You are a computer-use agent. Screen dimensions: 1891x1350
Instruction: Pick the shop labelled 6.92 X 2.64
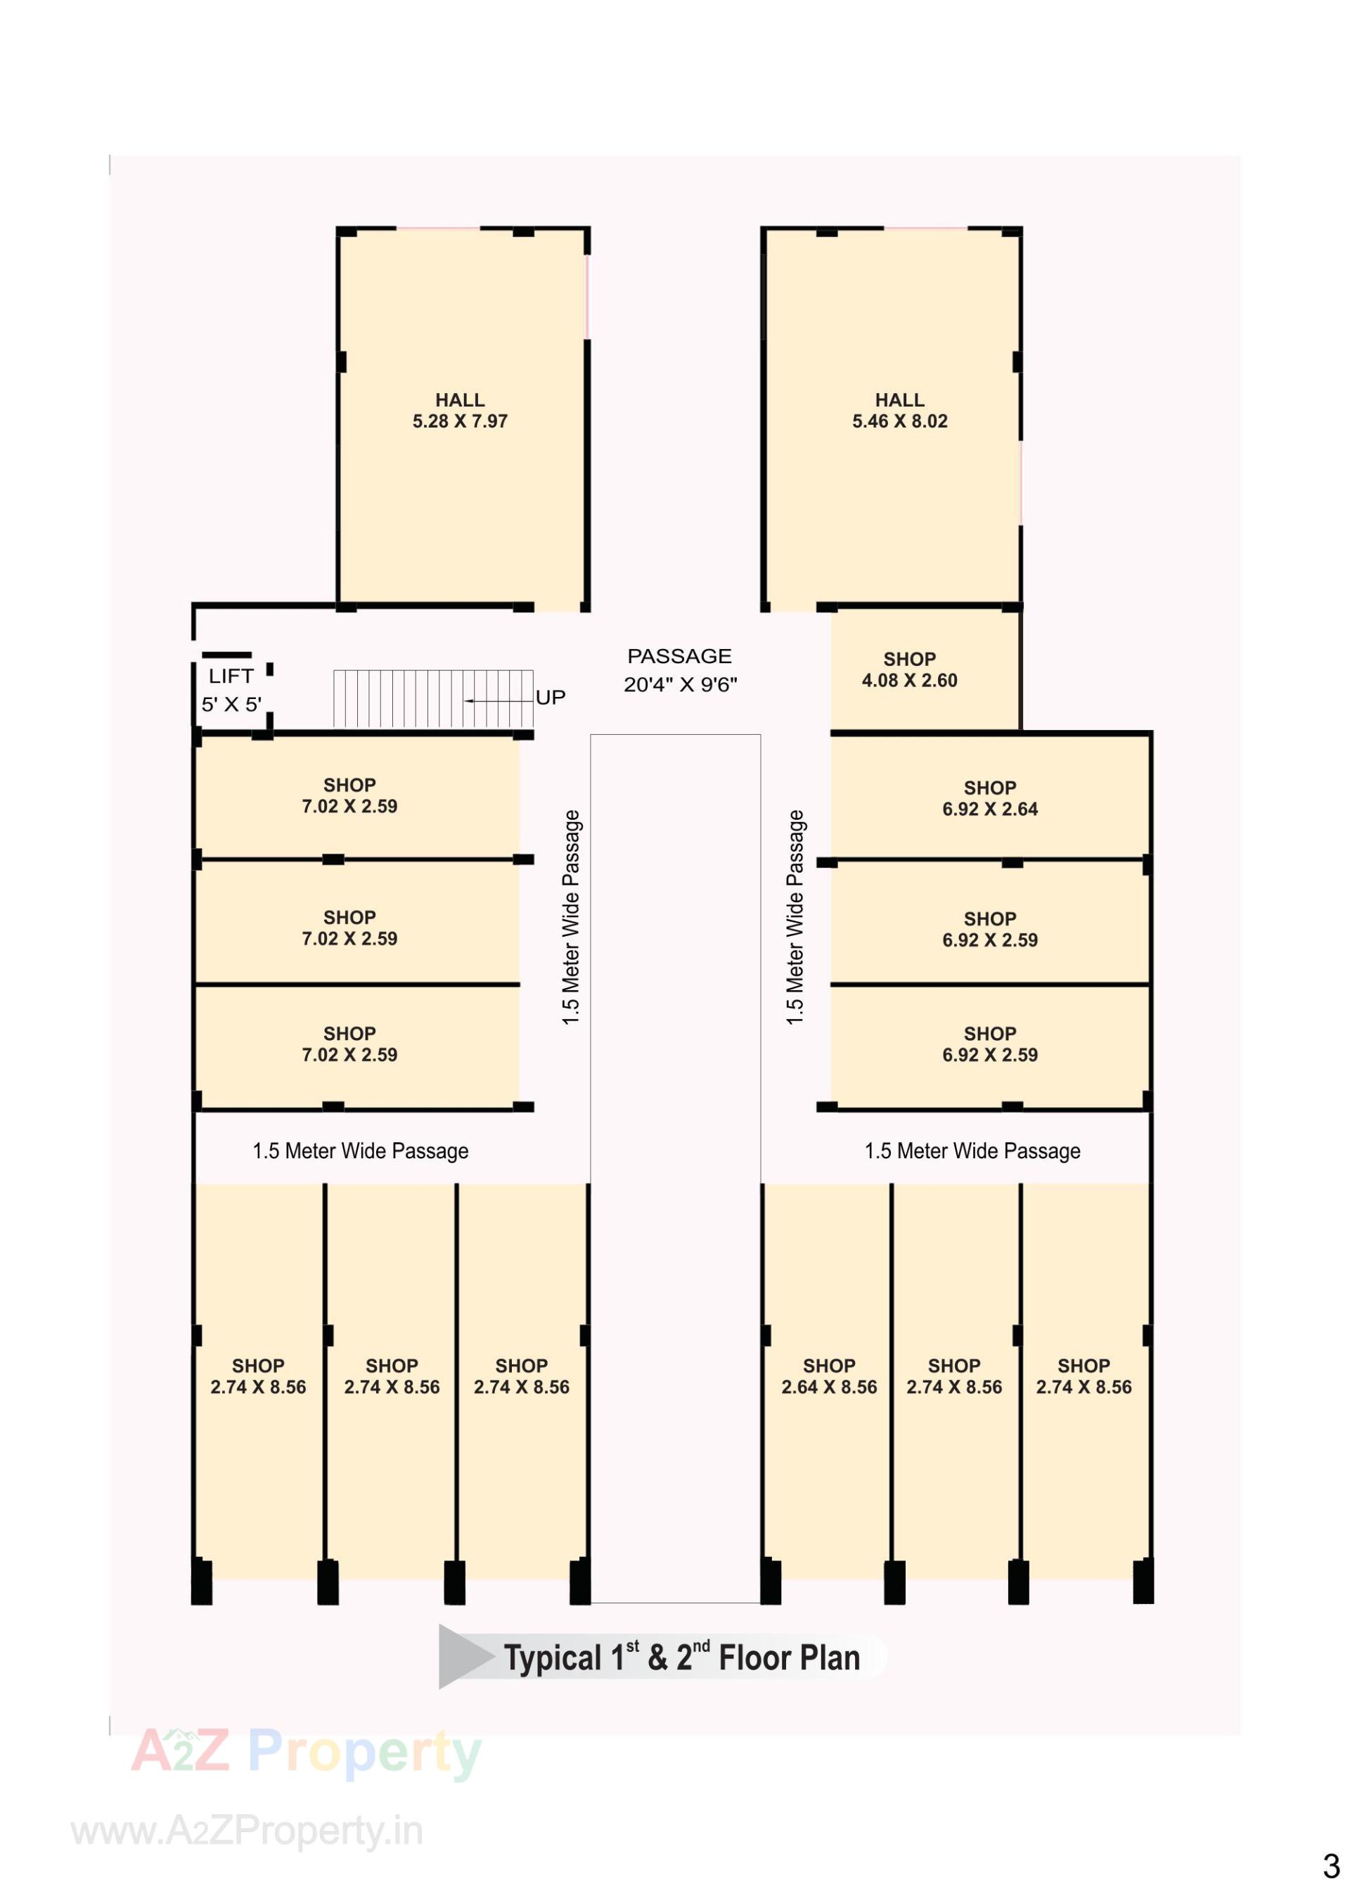pyautogui.click(x=989, y=799)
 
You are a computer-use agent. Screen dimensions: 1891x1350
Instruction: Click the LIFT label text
pyautogui.click(x=231, y=677)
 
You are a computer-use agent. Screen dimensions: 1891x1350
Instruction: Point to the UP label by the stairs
pyautogui.click(x=551, y=698)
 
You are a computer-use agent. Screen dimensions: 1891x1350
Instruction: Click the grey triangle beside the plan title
pyautogui.click(x=462, y=1657)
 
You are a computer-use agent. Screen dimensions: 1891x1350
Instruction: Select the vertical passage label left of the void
pyautogui.click(x=571, y=917)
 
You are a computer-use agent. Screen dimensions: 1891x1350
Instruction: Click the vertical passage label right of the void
pyautogui.click(x=795, y=917)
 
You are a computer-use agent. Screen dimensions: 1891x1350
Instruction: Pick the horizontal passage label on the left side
pyautogui.click(x=360, y=1151)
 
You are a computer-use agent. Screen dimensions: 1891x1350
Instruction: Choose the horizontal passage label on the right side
pyautogui.click(x=972, y=1151)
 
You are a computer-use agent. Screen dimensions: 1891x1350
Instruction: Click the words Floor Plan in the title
pyautogui.click(x=789, y=1658)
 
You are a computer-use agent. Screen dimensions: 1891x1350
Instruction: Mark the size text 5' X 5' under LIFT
pyautogui.click(x=231, y=705)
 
